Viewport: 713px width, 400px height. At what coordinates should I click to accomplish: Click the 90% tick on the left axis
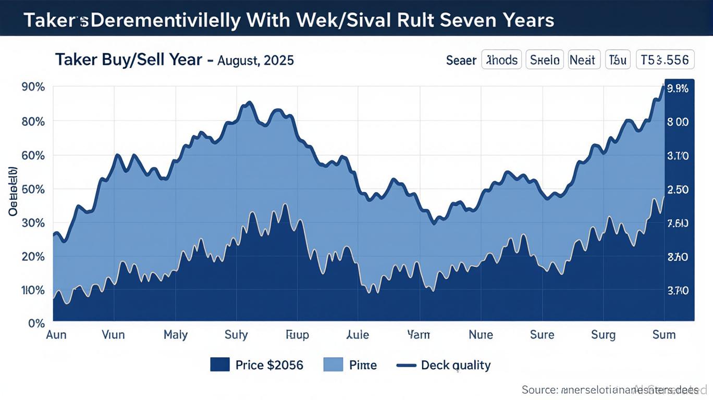pos(33,87)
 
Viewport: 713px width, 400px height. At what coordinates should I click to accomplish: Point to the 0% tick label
pos(37,323)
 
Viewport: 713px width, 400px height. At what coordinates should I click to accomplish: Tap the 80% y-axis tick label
pos(33,121)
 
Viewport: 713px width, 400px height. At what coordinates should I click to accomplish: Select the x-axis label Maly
pos(175,334)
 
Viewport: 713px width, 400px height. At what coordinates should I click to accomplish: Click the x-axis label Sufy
pos(236,334)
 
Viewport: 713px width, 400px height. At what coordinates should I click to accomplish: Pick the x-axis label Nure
pos(481,334)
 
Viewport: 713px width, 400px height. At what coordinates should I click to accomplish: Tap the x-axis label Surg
pos(603,334)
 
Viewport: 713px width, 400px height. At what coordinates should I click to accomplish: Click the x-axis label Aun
pos(56,334)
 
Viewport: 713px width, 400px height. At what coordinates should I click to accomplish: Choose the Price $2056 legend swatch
pos(220,365)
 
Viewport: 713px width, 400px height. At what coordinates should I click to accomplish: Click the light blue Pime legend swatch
pos(334,365)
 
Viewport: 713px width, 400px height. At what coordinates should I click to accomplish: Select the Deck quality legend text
pos(456,365)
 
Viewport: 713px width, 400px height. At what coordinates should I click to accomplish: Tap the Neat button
pos(582,60)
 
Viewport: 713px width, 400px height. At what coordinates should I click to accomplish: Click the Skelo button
pos(545,60)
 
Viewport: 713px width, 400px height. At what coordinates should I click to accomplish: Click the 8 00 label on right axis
pos(678,122)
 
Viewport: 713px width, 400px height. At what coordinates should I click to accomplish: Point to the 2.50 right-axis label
pos(678,190)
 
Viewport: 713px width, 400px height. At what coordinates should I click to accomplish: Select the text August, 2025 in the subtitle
pos(255,60)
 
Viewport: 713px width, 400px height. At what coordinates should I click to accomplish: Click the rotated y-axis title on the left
pos(13,191)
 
